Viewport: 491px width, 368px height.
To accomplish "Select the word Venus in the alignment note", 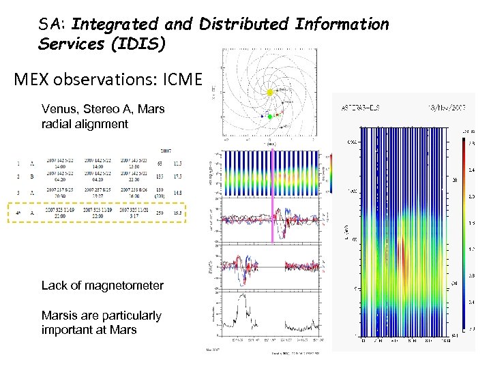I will [57, 109].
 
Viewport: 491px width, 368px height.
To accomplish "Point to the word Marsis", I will [60, 316].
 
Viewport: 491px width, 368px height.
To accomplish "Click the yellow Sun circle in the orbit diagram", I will [269, 92].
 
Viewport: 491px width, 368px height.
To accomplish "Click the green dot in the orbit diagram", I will [269, 117].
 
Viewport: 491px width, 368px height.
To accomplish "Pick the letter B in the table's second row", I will [31, 175].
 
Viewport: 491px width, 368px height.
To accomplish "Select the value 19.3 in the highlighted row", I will [177, 213].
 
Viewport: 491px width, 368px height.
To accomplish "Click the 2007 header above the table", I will [165, 150].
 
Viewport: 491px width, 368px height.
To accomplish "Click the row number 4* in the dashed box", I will [18, 213].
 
